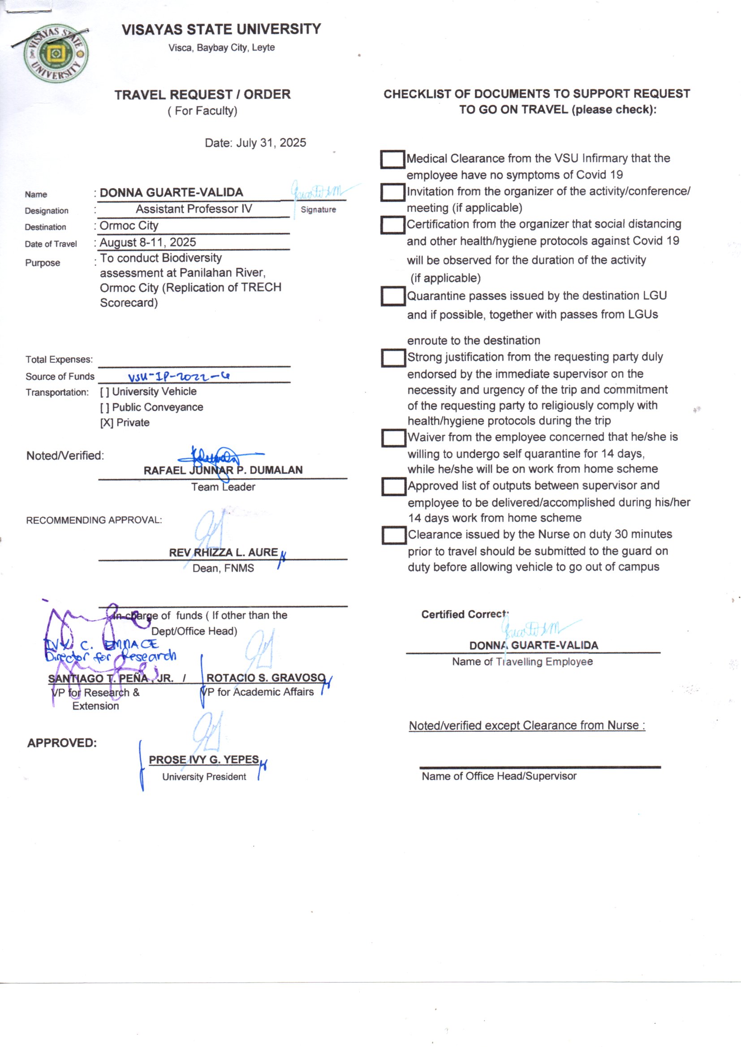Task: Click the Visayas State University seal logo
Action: (x=56, y=54)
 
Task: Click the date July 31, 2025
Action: (x=255, y=143)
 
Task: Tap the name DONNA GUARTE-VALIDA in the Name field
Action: (x=171, y=193)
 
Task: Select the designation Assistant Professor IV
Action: (x=194, y=209)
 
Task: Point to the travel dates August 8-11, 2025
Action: (x=147, y=242)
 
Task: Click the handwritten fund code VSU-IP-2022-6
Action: (x=178, y=377)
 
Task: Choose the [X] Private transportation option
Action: (x=125, y=423)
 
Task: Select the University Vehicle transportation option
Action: (x=148, y=392)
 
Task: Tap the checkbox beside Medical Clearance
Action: (x=392, y=159)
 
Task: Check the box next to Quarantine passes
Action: (x=393, y=296)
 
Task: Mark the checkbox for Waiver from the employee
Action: (x=393, y=438)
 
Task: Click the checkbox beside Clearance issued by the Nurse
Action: (x=394, y=535)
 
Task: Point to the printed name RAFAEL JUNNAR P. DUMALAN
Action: (x=223, y=470)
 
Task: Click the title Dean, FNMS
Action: (x=223, y=568)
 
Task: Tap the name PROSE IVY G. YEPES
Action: (x=204, y=760)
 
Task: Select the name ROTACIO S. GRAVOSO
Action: (x=266, y=678)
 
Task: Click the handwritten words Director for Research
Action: (x=110, y=657)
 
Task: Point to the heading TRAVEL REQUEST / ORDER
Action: (x=202, y=95)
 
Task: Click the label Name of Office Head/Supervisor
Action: (x=499, y=776)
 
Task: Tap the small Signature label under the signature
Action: (x=318, y=210)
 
